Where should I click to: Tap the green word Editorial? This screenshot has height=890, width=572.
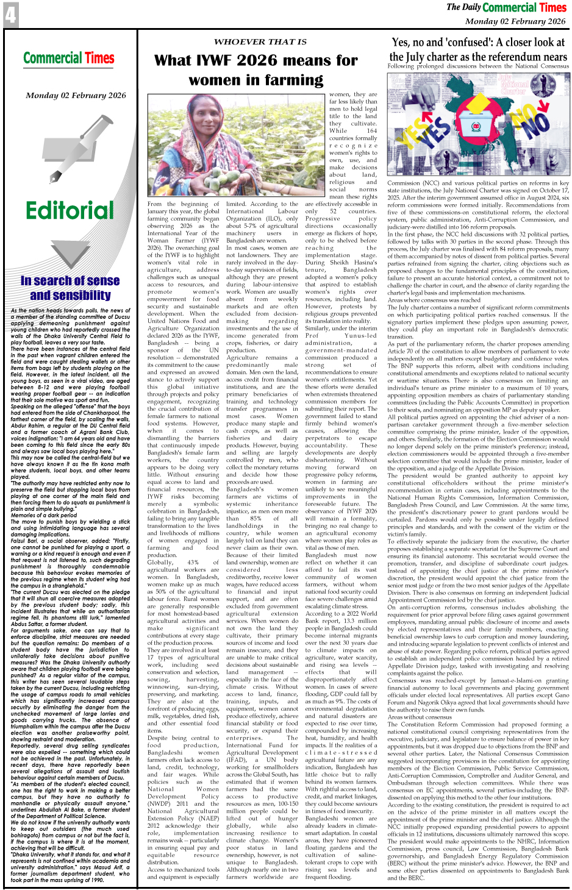click(x=70, y=210)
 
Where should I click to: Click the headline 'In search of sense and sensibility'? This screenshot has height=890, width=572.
click(x=70, y=288)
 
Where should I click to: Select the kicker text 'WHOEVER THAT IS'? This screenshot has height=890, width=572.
click(x=260, y=41)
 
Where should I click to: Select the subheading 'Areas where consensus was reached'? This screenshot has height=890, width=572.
click(x=434, y=300)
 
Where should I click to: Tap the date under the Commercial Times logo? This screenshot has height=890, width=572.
click(x=76, y=96)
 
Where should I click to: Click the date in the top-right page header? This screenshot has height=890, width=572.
click(x=515, y=21)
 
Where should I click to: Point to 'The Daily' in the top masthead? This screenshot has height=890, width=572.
click(x=463, y=7)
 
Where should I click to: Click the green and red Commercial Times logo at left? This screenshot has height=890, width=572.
click(x=69, y=59)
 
